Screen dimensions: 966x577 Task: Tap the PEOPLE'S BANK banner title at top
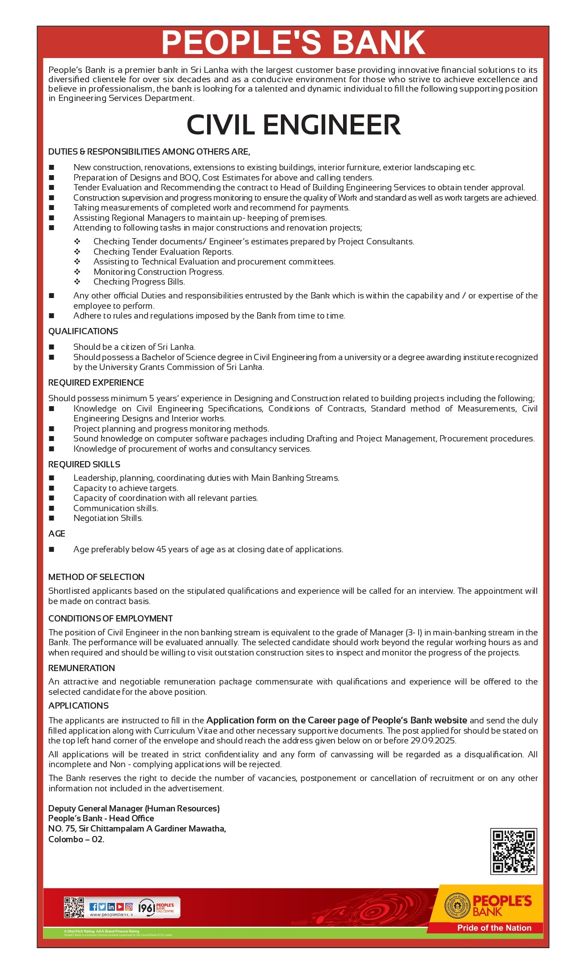(293, 42)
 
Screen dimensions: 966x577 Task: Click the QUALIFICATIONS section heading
(83, 331)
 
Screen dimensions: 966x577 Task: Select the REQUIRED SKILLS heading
(84, 464)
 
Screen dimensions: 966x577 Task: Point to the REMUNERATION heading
(81, 668)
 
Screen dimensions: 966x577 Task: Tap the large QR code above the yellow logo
(513, 852)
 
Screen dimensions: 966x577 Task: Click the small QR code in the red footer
(74, 907)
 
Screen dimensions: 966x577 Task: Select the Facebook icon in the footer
(93, 907)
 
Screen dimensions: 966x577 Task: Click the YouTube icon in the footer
(120, 907)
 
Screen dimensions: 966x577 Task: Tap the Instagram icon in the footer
(129, 907)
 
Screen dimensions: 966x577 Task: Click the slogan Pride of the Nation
(494, 928)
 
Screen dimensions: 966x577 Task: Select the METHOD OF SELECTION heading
(96, 577)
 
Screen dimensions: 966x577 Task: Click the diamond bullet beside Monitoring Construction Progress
(77, 272)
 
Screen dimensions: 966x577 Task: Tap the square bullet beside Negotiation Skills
(51, 518)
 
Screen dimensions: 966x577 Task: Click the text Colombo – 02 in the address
(76, 839)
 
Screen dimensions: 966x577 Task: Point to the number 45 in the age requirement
(161, 549)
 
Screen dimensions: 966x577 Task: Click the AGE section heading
(57, 533)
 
